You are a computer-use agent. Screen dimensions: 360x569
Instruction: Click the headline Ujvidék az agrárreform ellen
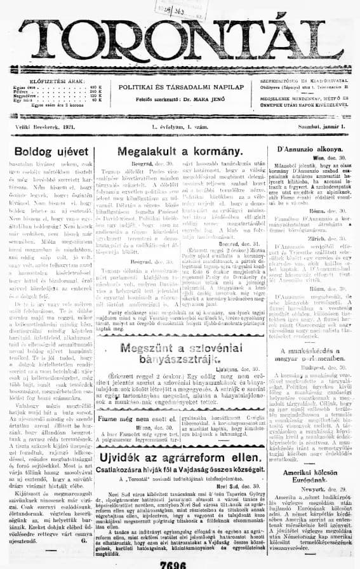click(181, 441)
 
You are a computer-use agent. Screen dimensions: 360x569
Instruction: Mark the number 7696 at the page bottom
click(179, 563)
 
